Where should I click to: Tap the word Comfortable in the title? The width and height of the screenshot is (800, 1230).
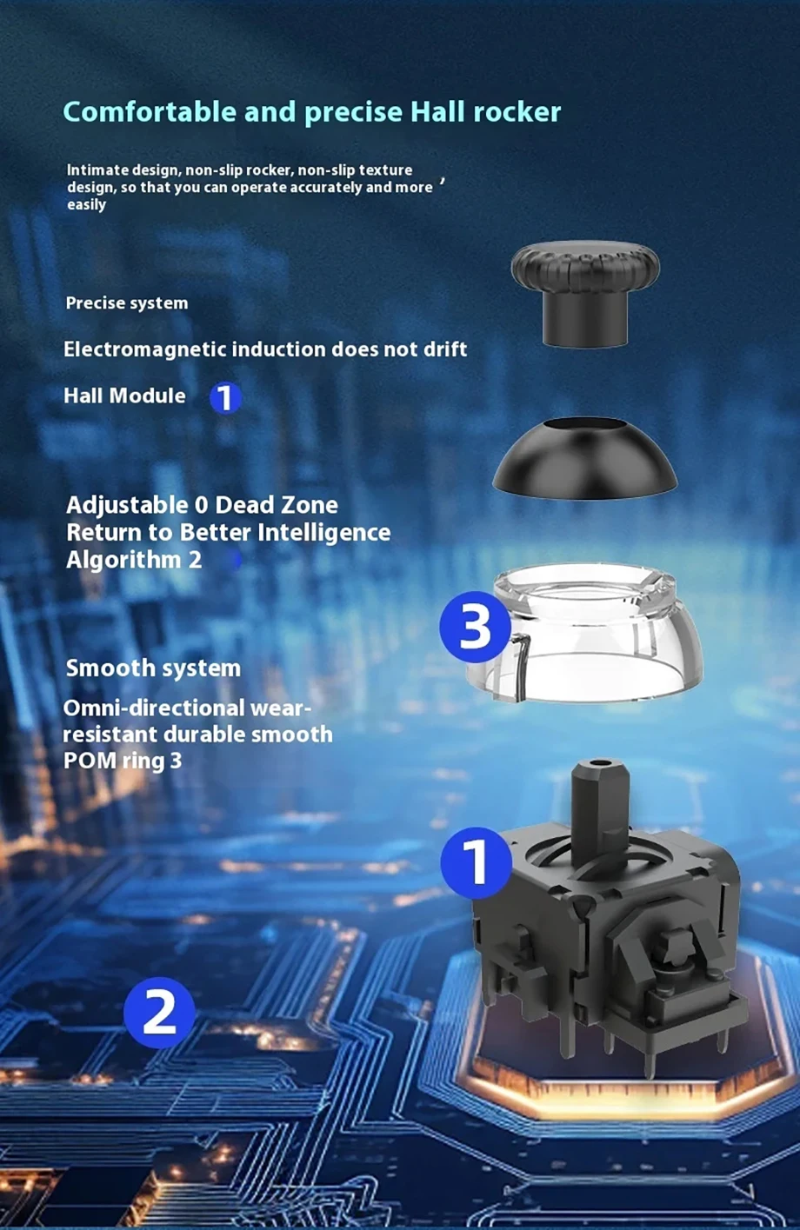coord(150,111)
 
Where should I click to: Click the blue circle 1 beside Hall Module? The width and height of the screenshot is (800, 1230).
coord(225,397)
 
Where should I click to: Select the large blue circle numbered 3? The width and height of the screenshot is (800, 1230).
coord(476,626)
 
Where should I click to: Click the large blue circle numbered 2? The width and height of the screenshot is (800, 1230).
coord(159,1013)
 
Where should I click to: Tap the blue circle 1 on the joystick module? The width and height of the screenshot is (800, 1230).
coord(477,863)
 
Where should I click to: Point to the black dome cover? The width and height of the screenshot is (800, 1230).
coord(584,458)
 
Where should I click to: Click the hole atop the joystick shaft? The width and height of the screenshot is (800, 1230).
coord(600,764)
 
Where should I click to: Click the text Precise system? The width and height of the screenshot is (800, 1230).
coord(127,303)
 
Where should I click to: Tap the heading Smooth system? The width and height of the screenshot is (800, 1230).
coord(153,668)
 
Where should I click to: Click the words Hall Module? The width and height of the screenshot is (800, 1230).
coord(124,396)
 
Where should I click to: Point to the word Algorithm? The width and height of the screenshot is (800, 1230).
coord(123,561)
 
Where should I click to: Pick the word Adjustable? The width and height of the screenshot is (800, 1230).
coord(127,506)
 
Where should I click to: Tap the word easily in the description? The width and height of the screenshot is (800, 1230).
coord(86,205)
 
